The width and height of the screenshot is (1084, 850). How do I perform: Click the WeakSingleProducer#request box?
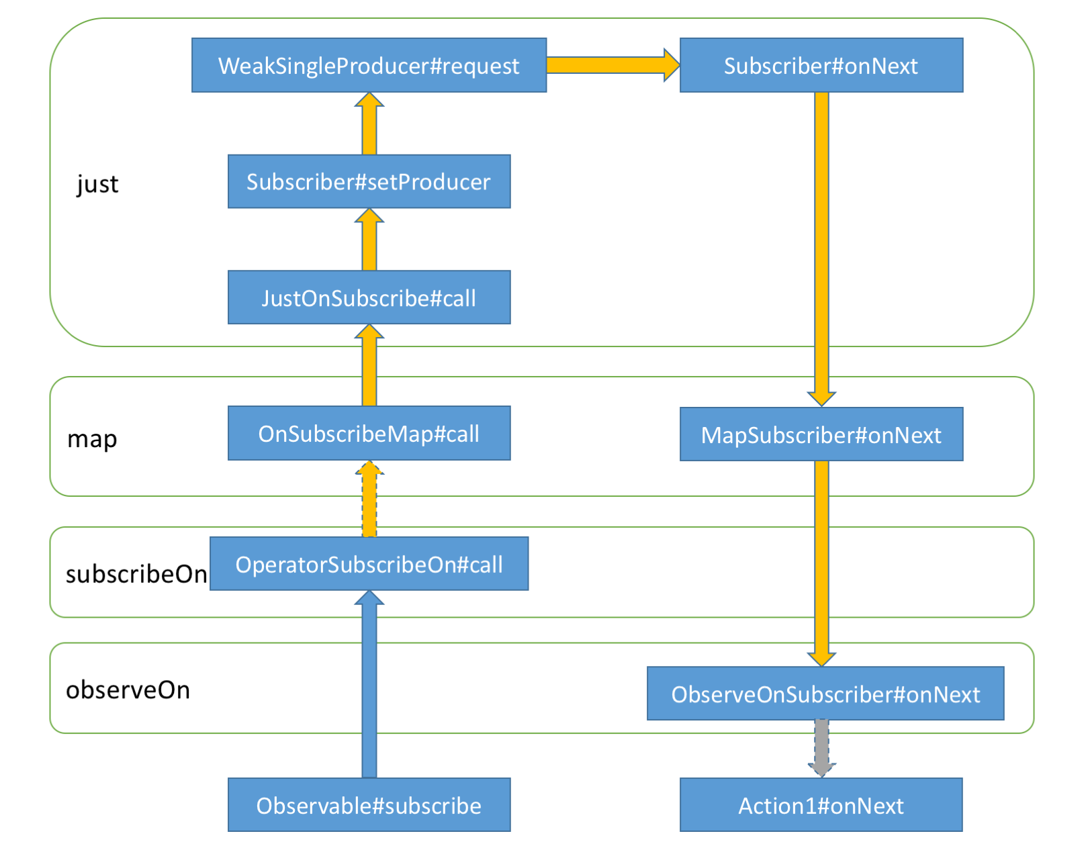tap(369, 65)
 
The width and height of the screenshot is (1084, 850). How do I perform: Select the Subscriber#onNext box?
tap(821, 65)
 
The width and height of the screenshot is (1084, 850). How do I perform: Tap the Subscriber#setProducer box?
tap(369, 181)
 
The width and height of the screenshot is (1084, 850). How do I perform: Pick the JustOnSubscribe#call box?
tap(369, 297)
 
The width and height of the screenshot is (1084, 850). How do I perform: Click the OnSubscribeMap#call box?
tap(369, 433)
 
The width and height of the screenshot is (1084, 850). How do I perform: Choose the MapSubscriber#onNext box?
tap(821, 434)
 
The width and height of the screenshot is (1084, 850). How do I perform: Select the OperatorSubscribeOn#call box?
tap(369, 564)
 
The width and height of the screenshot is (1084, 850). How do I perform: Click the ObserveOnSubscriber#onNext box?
tap(825, 694)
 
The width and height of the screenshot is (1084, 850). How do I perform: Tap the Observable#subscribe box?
tap(369, 805)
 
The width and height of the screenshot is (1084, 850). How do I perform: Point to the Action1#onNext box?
tap(821, 805)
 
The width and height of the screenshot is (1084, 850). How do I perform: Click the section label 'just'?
tap(97, 184)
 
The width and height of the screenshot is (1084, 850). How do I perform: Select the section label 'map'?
tap(92, 439)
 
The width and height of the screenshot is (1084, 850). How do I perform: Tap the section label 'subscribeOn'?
tap(136, 574)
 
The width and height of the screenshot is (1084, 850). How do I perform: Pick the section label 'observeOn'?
tap(128, 690)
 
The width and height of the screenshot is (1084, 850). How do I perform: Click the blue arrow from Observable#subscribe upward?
tap(369, 685)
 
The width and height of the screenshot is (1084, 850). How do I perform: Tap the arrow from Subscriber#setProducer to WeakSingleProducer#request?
tap(369, 125)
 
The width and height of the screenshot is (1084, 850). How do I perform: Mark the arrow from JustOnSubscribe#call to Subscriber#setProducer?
tap(369, 240)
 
